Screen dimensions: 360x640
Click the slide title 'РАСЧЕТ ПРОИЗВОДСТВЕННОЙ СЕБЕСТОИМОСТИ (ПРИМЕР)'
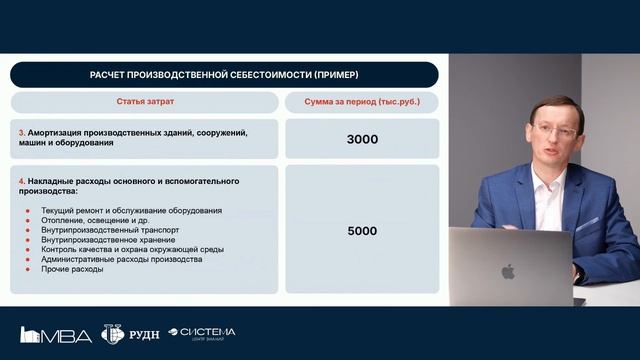[x=224, y=75]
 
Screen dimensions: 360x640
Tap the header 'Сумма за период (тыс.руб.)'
[x=361, y=103]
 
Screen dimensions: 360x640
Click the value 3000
[x=361, y=139]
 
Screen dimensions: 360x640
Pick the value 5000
[x=361, y=230]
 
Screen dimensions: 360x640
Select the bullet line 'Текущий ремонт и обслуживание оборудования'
[x=131, y=210]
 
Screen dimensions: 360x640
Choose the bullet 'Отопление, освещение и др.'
[x=95, y=220]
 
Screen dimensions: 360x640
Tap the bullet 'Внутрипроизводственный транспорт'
[x=110, y=230]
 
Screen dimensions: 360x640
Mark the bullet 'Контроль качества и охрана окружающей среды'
[x=132, y=249]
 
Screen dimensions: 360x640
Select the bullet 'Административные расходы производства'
[x=121, y=259]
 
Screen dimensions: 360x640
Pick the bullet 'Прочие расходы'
[x=72, y=269]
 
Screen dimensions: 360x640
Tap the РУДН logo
[x=126, y=334]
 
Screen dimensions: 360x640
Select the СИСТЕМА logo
[x=203, y=333]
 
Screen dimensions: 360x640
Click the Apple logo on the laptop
[x=507, y=271]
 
